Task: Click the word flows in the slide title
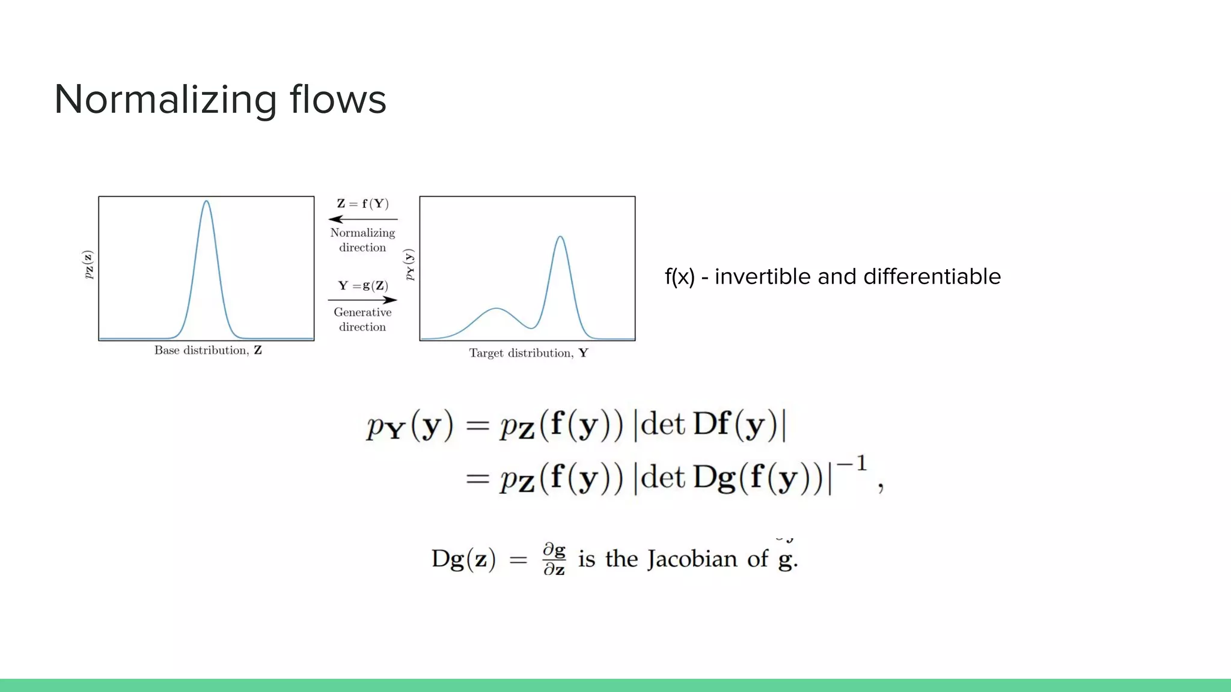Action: (338, 100)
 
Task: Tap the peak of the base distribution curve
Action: (206, 202)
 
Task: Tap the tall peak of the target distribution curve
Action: (560, 237)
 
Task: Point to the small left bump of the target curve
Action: (496, 309)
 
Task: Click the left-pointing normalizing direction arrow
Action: (362, 219)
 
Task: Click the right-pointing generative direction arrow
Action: (362, 299)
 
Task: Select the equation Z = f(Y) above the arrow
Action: (362, 204)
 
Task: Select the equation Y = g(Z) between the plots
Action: (362, 285)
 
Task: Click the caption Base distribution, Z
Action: (208, 350)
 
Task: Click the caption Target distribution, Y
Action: (528, 353)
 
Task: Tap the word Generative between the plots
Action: (362, 312)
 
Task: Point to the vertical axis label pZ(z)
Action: (88, 265)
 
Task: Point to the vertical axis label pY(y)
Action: (409, 265)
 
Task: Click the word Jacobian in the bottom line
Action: (692, 559)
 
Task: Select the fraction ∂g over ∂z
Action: (554, 559)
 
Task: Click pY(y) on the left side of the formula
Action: (409, 426)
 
